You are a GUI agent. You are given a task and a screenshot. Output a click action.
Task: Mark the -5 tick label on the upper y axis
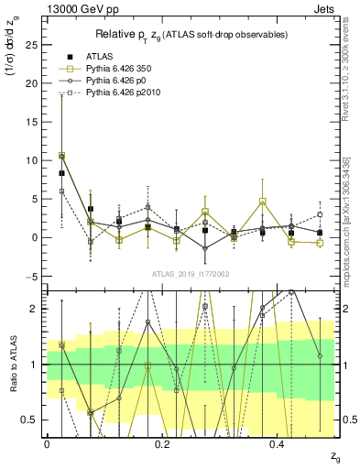click(32, 277)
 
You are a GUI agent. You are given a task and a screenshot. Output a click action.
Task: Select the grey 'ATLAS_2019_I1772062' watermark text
click(190, 273)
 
